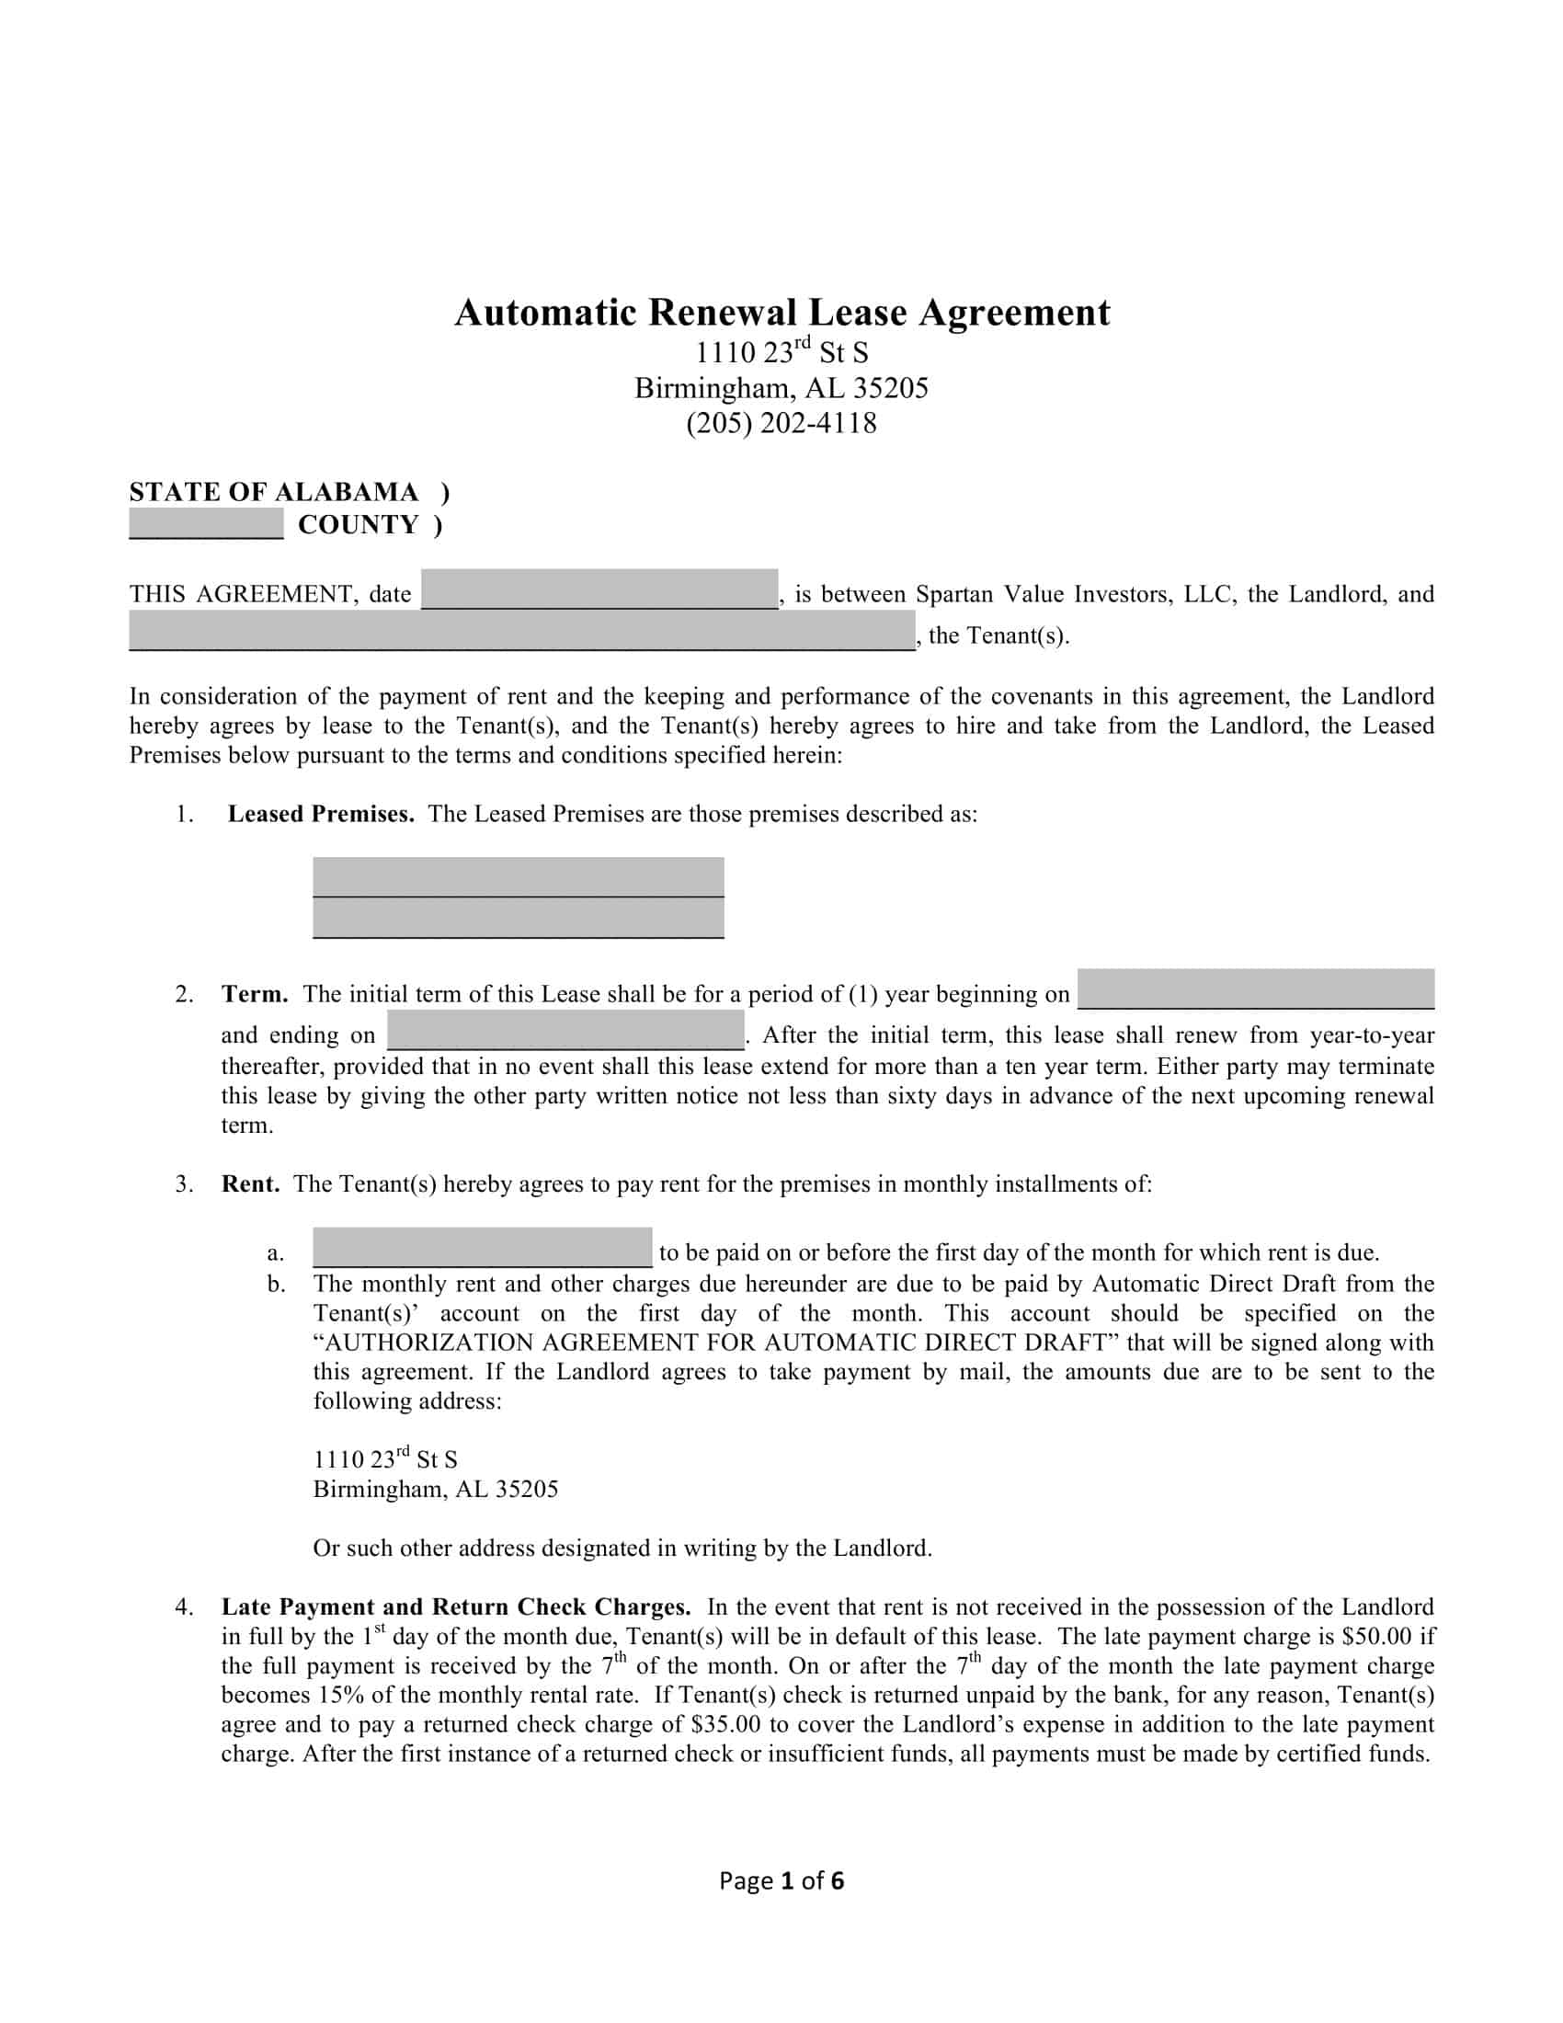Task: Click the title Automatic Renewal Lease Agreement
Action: point(781,312)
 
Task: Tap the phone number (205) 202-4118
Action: point(781,423)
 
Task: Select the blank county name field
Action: point(206,523)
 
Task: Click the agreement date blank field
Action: point(599,589)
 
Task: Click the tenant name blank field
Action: point(521,631)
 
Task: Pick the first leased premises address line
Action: point(518,876)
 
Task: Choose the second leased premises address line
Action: point(518,918)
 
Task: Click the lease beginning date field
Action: point(1256,989)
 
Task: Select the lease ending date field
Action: point(565,1030)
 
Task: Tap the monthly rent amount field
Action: point(482,1247)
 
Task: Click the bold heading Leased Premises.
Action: point(320,814)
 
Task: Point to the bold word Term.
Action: point(255,995)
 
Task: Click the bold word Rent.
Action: point(250,1184)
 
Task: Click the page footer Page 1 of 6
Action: point(781,1881)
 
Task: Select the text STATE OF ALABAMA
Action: point(273,492)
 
